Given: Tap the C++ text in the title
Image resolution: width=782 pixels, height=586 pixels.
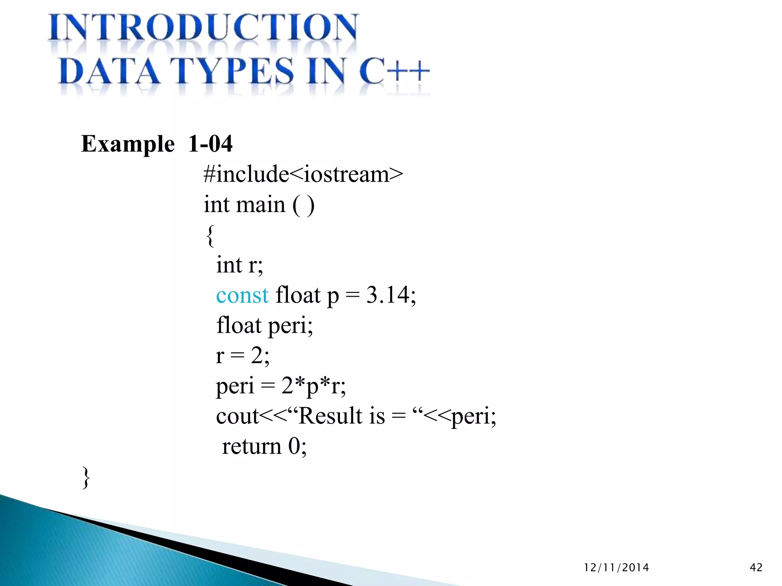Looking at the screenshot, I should pyautogui.click(x=394, y=71).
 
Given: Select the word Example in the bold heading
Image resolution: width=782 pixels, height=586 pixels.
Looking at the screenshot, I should pyautogui.click(x=128, y=144).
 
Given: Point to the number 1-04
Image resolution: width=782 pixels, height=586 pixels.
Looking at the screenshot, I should pyautogui.click(x=210, y=144).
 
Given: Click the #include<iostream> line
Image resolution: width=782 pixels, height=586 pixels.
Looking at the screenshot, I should pyautogui.click(x=303, y=174).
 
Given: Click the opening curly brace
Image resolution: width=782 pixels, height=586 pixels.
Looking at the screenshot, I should pyautogui.click(x=210, y=235).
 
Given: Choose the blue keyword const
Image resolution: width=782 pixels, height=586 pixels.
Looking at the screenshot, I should pyautogui.click(x=242, y=295).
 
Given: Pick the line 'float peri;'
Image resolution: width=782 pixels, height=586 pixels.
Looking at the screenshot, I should pyautogui.click(x=265, y=325).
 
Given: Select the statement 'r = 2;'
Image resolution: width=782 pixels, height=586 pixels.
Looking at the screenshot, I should pyautogui.click(x=242, y=356).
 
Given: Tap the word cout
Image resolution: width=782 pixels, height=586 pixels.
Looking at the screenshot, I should pyautogui.click(x=237, y=416).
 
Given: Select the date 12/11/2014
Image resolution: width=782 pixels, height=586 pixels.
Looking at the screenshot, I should pyautogui.click(x=616, y=568).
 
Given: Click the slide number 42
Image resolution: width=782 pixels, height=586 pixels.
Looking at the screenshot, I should pyautogui.click(x=756, y=568).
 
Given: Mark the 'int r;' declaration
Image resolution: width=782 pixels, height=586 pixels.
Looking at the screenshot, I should pyautogui.click(x=239, y=265).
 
